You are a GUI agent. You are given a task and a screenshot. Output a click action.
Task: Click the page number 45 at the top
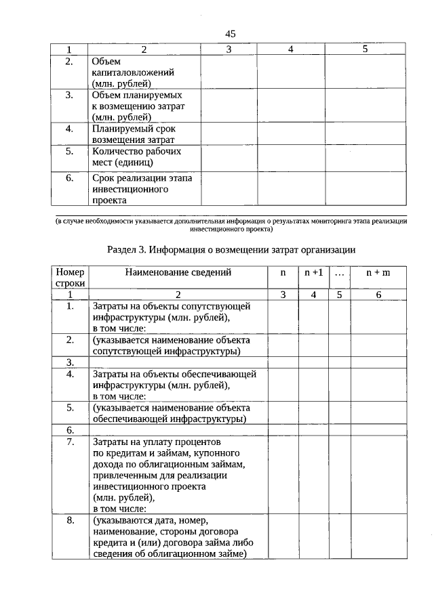230,34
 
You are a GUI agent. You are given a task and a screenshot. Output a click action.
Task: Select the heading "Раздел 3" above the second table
231,249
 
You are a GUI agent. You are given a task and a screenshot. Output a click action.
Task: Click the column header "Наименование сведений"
178,272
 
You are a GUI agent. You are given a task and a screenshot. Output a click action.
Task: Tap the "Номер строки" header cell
70,278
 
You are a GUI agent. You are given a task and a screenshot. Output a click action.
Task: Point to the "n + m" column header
378,272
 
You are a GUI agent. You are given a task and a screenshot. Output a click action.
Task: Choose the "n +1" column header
313,272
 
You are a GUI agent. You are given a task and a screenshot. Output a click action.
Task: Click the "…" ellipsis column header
340,272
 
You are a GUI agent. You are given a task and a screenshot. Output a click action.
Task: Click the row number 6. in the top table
69,178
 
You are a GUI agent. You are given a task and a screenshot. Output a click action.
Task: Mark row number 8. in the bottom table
70,521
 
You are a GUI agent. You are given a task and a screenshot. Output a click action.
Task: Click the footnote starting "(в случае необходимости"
230,225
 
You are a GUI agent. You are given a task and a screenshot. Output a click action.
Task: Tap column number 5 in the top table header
365,49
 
